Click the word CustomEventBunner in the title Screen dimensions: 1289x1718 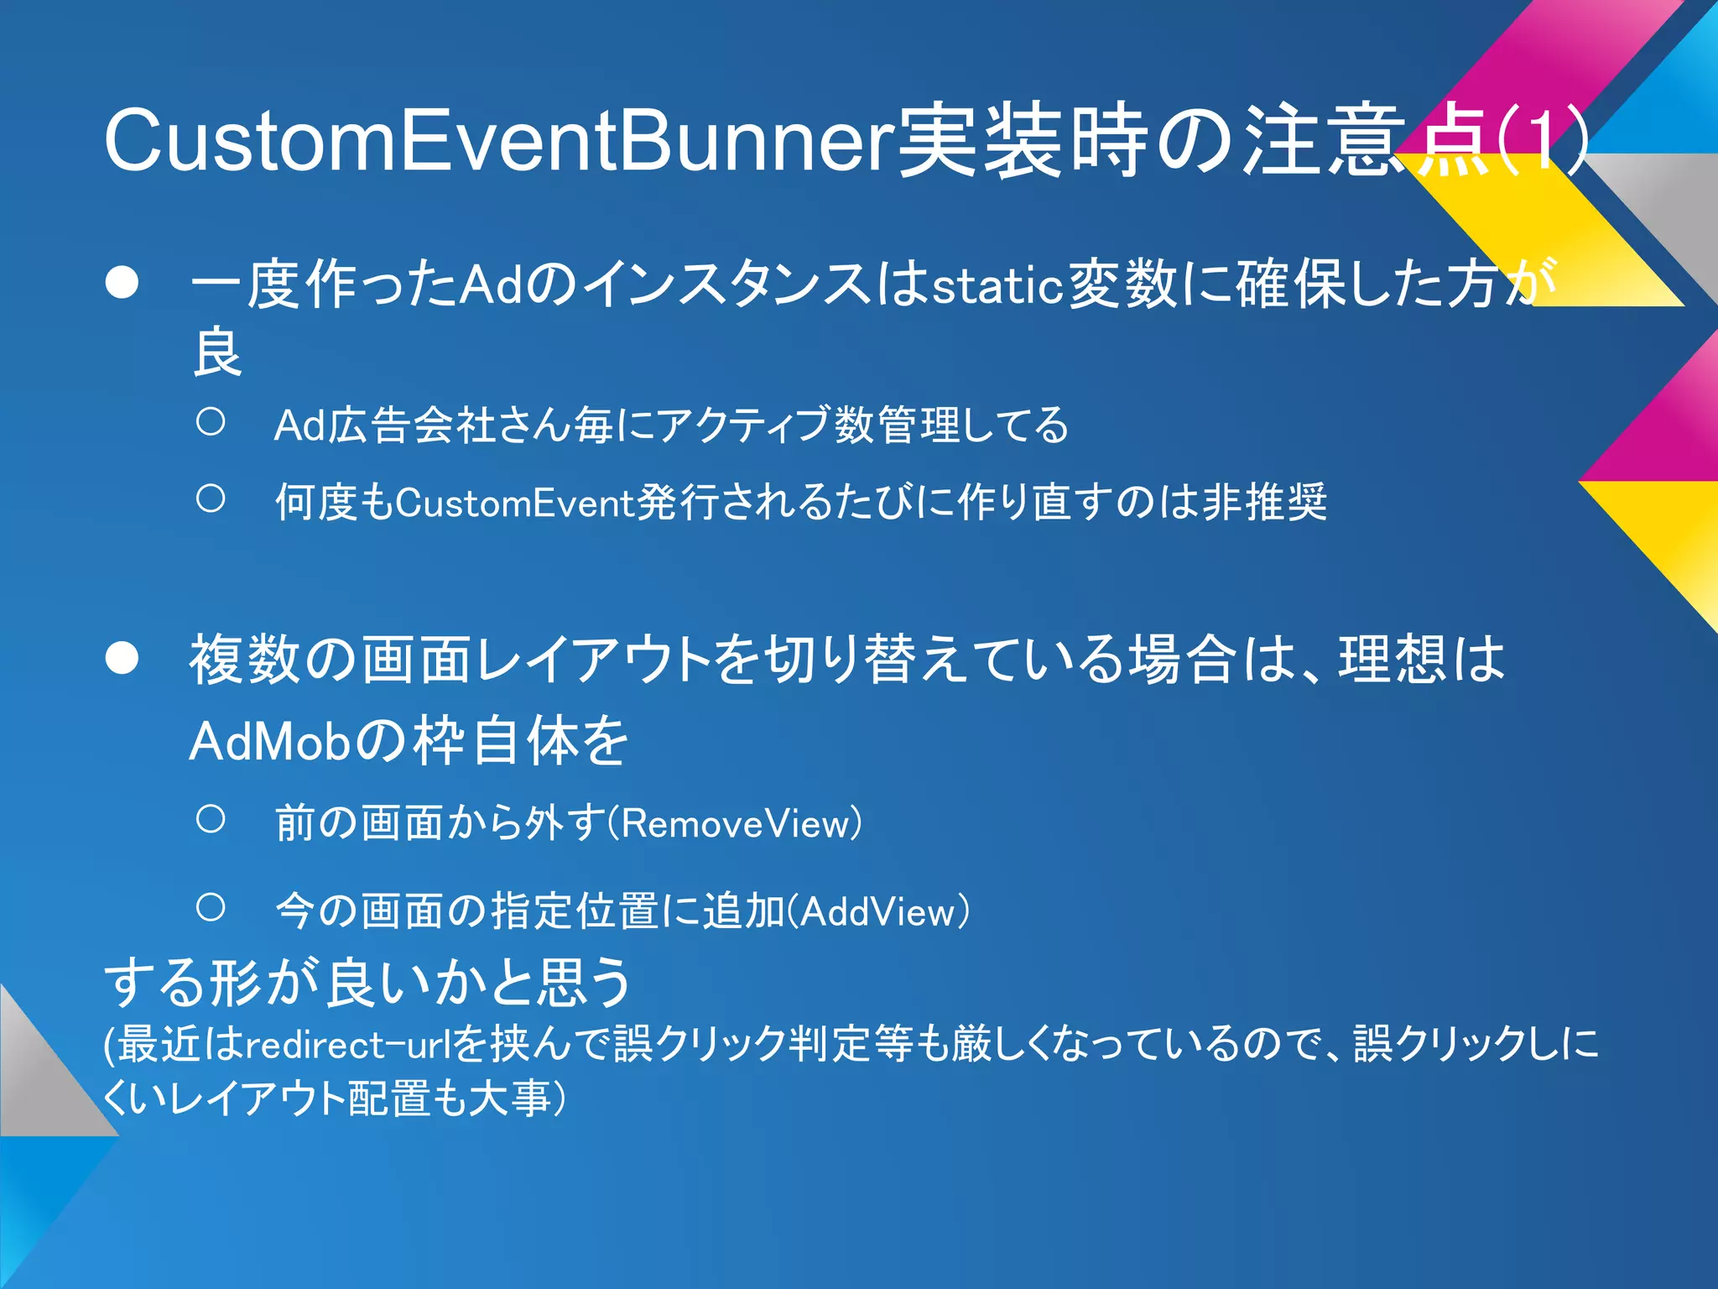pos(498,140)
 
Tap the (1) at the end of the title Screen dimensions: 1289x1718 pos(1540,140)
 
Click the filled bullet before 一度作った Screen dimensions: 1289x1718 pos(122,284)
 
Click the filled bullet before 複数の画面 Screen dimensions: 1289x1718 pos(122,659)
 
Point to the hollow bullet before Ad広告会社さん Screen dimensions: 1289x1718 pos(211,421)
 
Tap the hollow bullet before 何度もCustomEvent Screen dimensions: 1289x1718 pos(211,499)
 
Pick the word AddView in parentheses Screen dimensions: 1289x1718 pos(878,912)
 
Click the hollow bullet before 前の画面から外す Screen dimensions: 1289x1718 pos(211,819)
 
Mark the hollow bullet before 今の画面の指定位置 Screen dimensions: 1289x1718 pos(211,907)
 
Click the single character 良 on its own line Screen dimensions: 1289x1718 pos(217,353)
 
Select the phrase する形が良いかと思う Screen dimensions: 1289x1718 pos(367,983)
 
